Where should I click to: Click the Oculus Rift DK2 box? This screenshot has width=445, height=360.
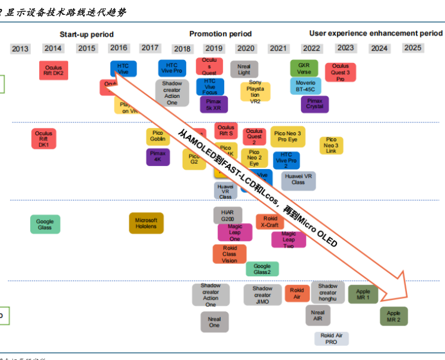click(x=53, y=70)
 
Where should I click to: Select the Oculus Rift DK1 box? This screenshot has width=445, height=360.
click(x=44, y=139)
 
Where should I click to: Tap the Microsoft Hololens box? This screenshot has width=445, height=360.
click(x=146, y=223)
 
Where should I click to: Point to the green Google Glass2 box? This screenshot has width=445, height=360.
click(x=262, y=269)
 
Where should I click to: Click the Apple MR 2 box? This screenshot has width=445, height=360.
click(x=394, y=316)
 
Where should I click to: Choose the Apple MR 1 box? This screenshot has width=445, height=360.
click(x=363, y=294)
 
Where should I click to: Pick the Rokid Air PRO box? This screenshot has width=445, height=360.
click(x=332, y=339)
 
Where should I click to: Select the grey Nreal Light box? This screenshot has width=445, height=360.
click(x=244, y=69)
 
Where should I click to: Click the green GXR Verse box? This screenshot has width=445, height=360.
click(x=304, y=68)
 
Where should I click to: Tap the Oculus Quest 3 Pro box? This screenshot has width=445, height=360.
click(x=341, y=72)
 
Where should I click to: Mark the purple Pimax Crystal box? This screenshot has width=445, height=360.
click(x=314, y=104)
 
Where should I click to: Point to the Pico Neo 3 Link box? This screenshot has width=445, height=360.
click(x=331, y=145)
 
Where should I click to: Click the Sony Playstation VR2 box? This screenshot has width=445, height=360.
click(x=255, y=91)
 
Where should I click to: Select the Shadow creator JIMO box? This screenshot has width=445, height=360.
click(x=262, y=295)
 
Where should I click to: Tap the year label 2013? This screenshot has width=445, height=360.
click(x=20, y=49)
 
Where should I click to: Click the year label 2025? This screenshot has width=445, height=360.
click(x=412, y=47)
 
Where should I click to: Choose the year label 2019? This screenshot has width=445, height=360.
click(x=214, y=49)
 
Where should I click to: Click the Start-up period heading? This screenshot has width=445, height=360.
click(x=87, y=34)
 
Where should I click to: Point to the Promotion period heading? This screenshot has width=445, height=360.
click(x=221, y=34)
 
